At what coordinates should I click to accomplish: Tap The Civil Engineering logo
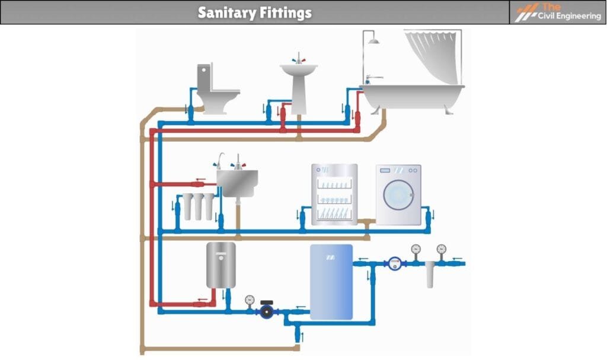[558, 12]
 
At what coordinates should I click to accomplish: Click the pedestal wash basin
[299, 83]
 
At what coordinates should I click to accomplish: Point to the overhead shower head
[373, 40]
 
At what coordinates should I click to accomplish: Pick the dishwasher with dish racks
[334, 195]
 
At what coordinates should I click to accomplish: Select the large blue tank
[331, 282]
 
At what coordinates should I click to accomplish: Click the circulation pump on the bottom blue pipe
[267, 311]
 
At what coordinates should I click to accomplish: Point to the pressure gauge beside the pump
[250, 300]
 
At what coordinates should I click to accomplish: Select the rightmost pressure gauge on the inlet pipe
[440, 249]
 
